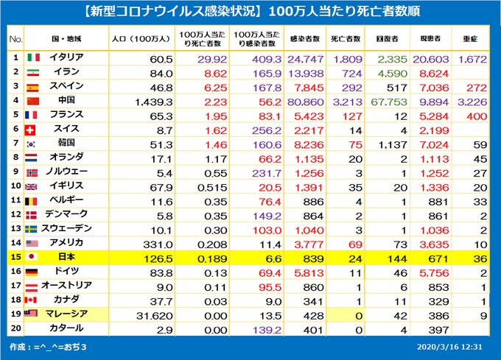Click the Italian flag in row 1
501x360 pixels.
pyautogui.click(x=33, y=57)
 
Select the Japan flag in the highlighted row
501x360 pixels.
pyautogui.click(x=33, y=256)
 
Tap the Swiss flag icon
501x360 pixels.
pyautogui.click(x=32, y=129)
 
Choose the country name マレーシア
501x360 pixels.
pyautogui.click(x=67, y=314)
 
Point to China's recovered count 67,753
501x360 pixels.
pyautogui.click(x=388, y=100)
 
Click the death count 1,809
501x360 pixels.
pyautogui.click(x=345, y=57)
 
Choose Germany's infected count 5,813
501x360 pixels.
pyautogui.click(x=304, y=271)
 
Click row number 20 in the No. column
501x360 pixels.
pyautogui.click(x=15, y=328)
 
